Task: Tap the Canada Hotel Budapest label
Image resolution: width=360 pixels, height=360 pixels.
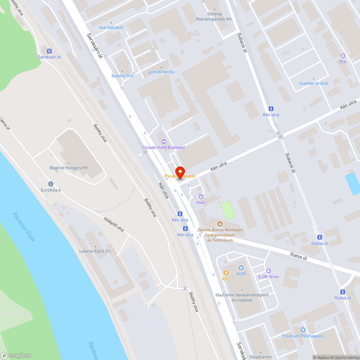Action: coord(163,148)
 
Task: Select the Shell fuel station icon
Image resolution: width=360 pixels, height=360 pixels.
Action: coord(201,197)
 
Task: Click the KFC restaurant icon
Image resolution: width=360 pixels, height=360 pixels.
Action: coord(226,273)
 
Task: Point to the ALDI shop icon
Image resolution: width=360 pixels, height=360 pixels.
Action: coord(241,268)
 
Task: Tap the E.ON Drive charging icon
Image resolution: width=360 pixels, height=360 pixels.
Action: coord(268,271)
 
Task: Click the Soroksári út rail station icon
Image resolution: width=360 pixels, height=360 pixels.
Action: coord(49,51)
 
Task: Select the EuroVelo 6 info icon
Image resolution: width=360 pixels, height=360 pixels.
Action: coord(50,184)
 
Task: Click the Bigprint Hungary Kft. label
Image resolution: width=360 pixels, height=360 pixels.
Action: coord(69,168)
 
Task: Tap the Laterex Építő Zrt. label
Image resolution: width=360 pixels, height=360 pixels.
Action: coord(94,251)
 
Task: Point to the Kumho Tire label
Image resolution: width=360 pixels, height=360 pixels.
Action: coord(122,76)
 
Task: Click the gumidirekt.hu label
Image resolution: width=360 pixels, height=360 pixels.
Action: coord(161,72)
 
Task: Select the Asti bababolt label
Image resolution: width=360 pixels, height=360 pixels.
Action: coord(111,27)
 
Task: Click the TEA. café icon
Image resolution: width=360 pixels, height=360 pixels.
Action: coord(343,56)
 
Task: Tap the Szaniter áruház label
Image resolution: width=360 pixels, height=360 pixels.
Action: coord(314,83)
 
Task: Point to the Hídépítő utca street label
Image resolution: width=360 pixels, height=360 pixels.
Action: coord(113,224)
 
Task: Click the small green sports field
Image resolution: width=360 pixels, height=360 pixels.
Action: coord(228,210)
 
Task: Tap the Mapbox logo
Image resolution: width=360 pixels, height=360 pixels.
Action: coord(16,355)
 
